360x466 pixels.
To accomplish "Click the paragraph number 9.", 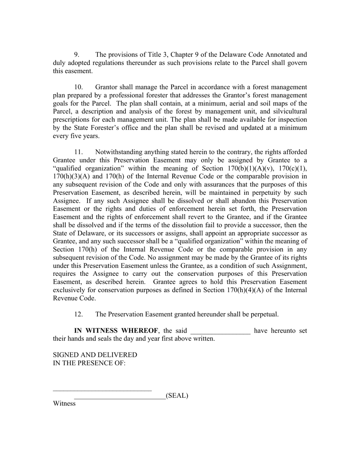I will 76,55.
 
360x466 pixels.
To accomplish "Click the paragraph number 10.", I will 78,87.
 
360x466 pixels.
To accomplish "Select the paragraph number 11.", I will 78,152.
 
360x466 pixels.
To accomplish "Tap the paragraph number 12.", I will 78,314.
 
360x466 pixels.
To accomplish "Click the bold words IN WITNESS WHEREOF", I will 116,330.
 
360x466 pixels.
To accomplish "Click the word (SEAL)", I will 177,396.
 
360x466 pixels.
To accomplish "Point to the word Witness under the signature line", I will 64,403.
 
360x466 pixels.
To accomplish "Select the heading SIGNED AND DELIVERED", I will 95,355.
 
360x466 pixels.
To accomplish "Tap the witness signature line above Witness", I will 102,390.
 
